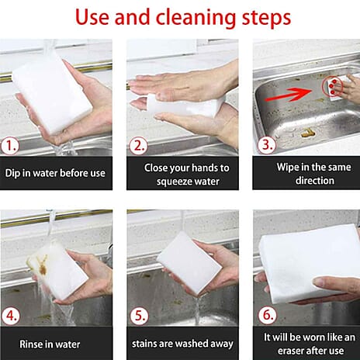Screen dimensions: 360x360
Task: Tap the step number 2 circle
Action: click(137, 145)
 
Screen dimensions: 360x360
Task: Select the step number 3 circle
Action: click(264, 145)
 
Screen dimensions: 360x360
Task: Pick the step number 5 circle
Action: click(137, 316)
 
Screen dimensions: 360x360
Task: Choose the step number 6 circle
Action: click(264, 316)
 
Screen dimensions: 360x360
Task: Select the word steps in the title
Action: click(264, 18)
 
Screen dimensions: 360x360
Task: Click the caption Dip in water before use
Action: click(54, 173)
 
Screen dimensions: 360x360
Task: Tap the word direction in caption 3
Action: click(305, 181)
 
